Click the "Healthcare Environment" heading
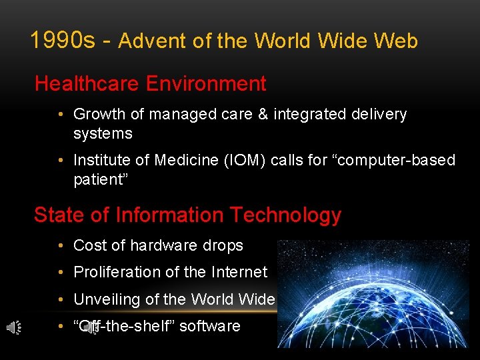[150, 84]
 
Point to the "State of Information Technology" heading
[187, 215]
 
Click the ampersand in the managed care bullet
[262, 115]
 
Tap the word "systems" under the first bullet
[103, 133]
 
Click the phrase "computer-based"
[400, 161]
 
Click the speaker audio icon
[13, 327]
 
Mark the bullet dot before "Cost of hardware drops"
[60, 245]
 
